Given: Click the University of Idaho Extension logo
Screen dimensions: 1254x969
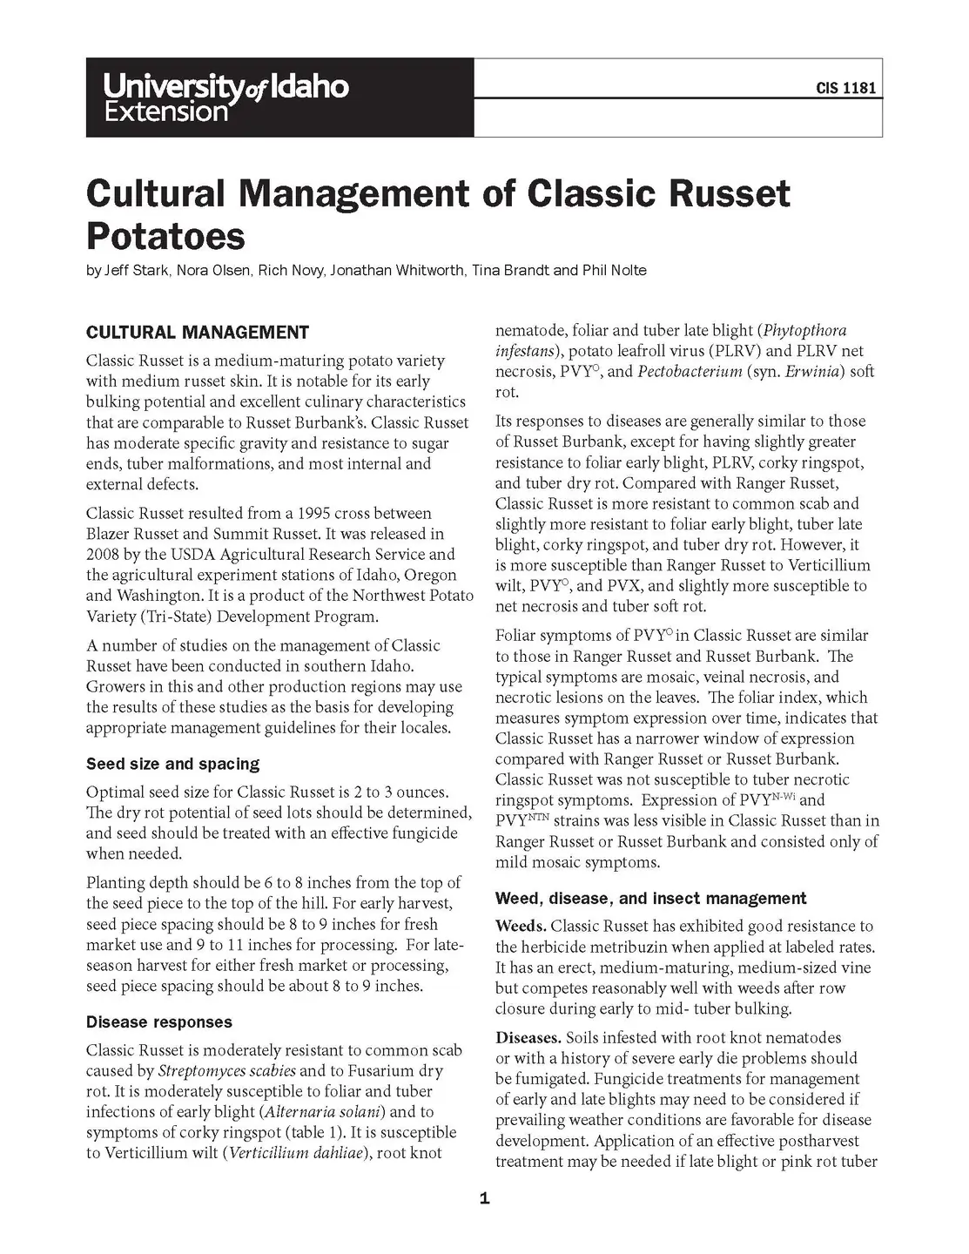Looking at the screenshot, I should (225, 97).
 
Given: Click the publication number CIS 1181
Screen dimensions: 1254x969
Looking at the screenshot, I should (845, 88).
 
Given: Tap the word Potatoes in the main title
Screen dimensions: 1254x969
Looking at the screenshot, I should (165, 236).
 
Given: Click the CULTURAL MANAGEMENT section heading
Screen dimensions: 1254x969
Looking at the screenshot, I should (197, 332).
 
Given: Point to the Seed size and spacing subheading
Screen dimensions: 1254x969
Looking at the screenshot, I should (172, 764).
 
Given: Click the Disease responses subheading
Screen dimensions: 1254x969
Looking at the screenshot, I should (158, 1021).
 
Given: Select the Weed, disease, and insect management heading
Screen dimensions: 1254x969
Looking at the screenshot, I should (650, 898).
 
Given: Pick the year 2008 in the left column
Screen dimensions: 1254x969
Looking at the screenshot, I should (103, 555).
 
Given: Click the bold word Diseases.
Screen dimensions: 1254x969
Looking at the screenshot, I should (528, 1038).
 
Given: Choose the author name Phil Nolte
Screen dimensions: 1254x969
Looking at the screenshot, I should (615, 270).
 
